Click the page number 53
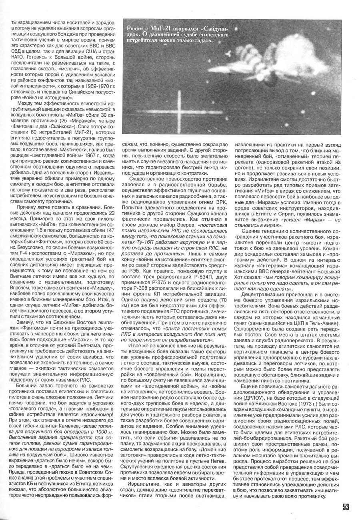[346, 507]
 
